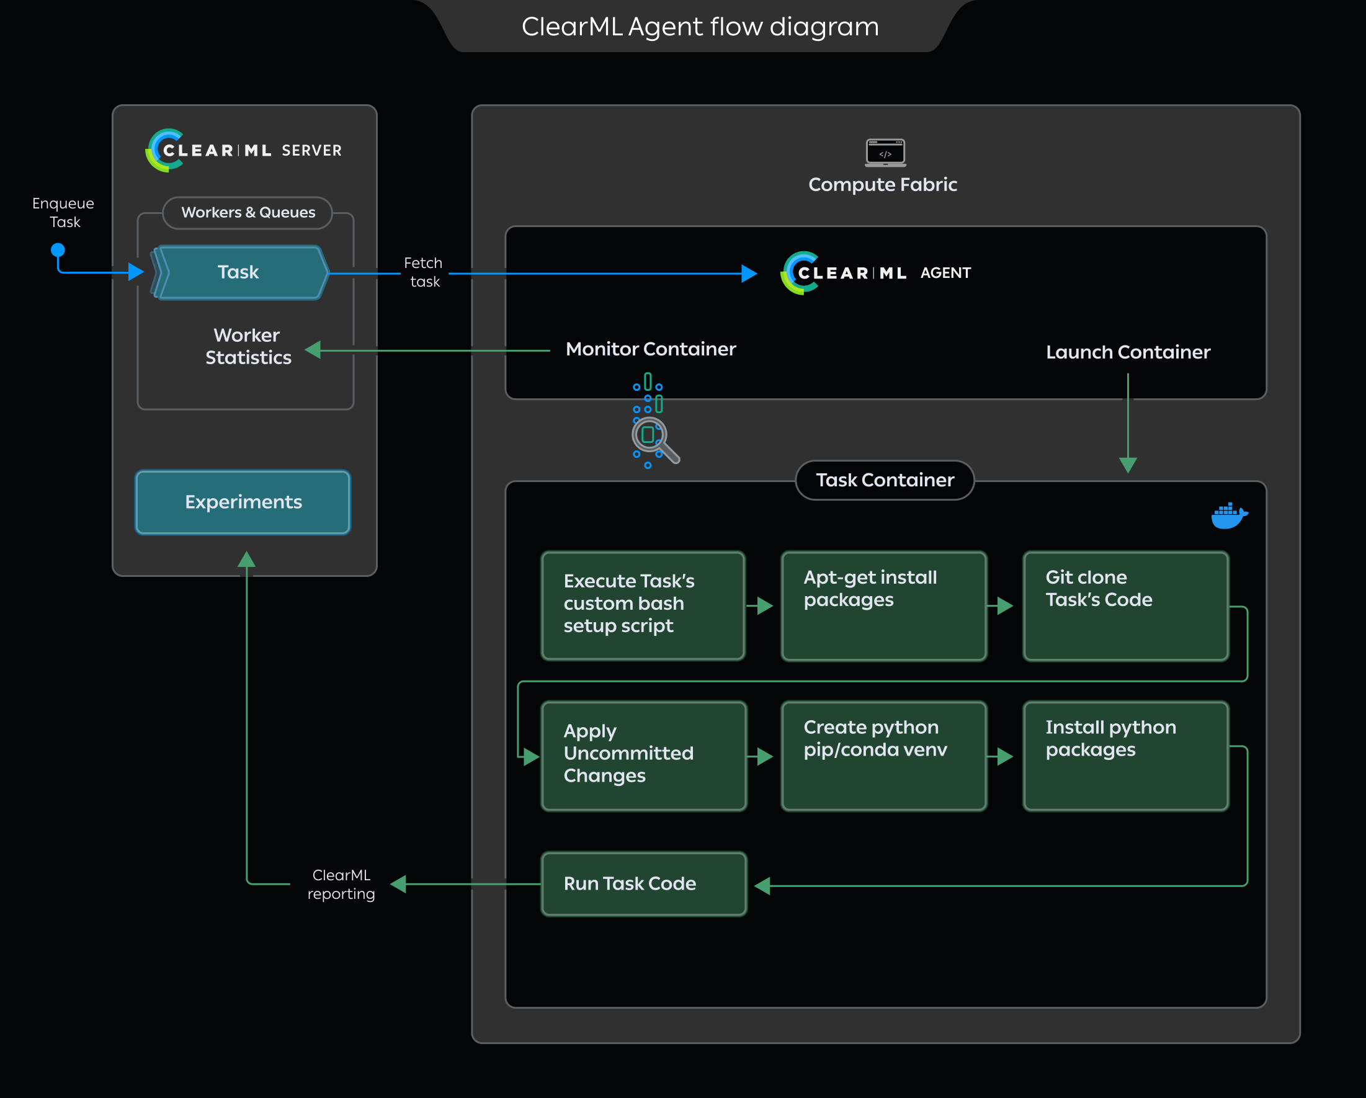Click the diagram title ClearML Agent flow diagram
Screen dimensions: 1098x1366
pyautogui.click(x=700, y=27)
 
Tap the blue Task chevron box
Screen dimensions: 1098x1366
pyautogui.click(x=239, y=272)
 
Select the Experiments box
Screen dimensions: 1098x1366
pyautogui.click(x=243, y=502)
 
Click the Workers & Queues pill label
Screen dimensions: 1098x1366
pyautogui.click(x=248, y=213)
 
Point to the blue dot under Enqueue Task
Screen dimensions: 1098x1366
pyautogui.click(x=58, y=249)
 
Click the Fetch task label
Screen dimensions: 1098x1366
pyautogui.click(x=424, y=272)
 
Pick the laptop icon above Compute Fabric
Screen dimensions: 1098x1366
pyautogui.click(x=885, y=153)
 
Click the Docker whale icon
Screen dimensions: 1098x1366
pyautogui.click(x=1228, y=516)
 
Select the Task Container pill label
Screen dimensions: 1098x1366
pyautogui.click(x=885, y=480)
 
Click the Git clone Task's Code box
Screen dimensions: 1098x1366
pyautogui.click(x=1125, y=606)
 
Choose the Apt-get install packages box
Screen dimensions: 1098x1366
pyautogui.click(x=883, y=606)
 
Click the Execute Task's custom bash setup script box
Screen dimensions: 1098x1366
pyautogui.click(x=643, y=606)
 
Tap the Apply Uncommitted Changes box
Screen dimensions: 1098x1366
pyautogui.click(x=643, y=756)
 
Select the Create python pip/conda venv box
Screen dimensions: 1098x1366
pyautogui.click(x=883, y=756)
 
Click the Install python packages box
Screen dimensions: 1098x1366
pyautogui.click(x=1125, y=756)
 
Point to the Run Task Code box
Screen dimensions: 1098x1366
pyautogui.click(x=643, y=884)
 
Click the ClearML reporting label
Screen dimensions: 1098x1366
pyautogui.click(x=341, y=885)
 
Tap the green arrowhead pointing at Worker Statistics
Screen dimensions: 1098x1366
pyautogui.click(x=313, y=350)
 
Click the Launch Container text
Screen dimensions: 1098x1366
pyautogui.click(x=1128, y=352)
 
